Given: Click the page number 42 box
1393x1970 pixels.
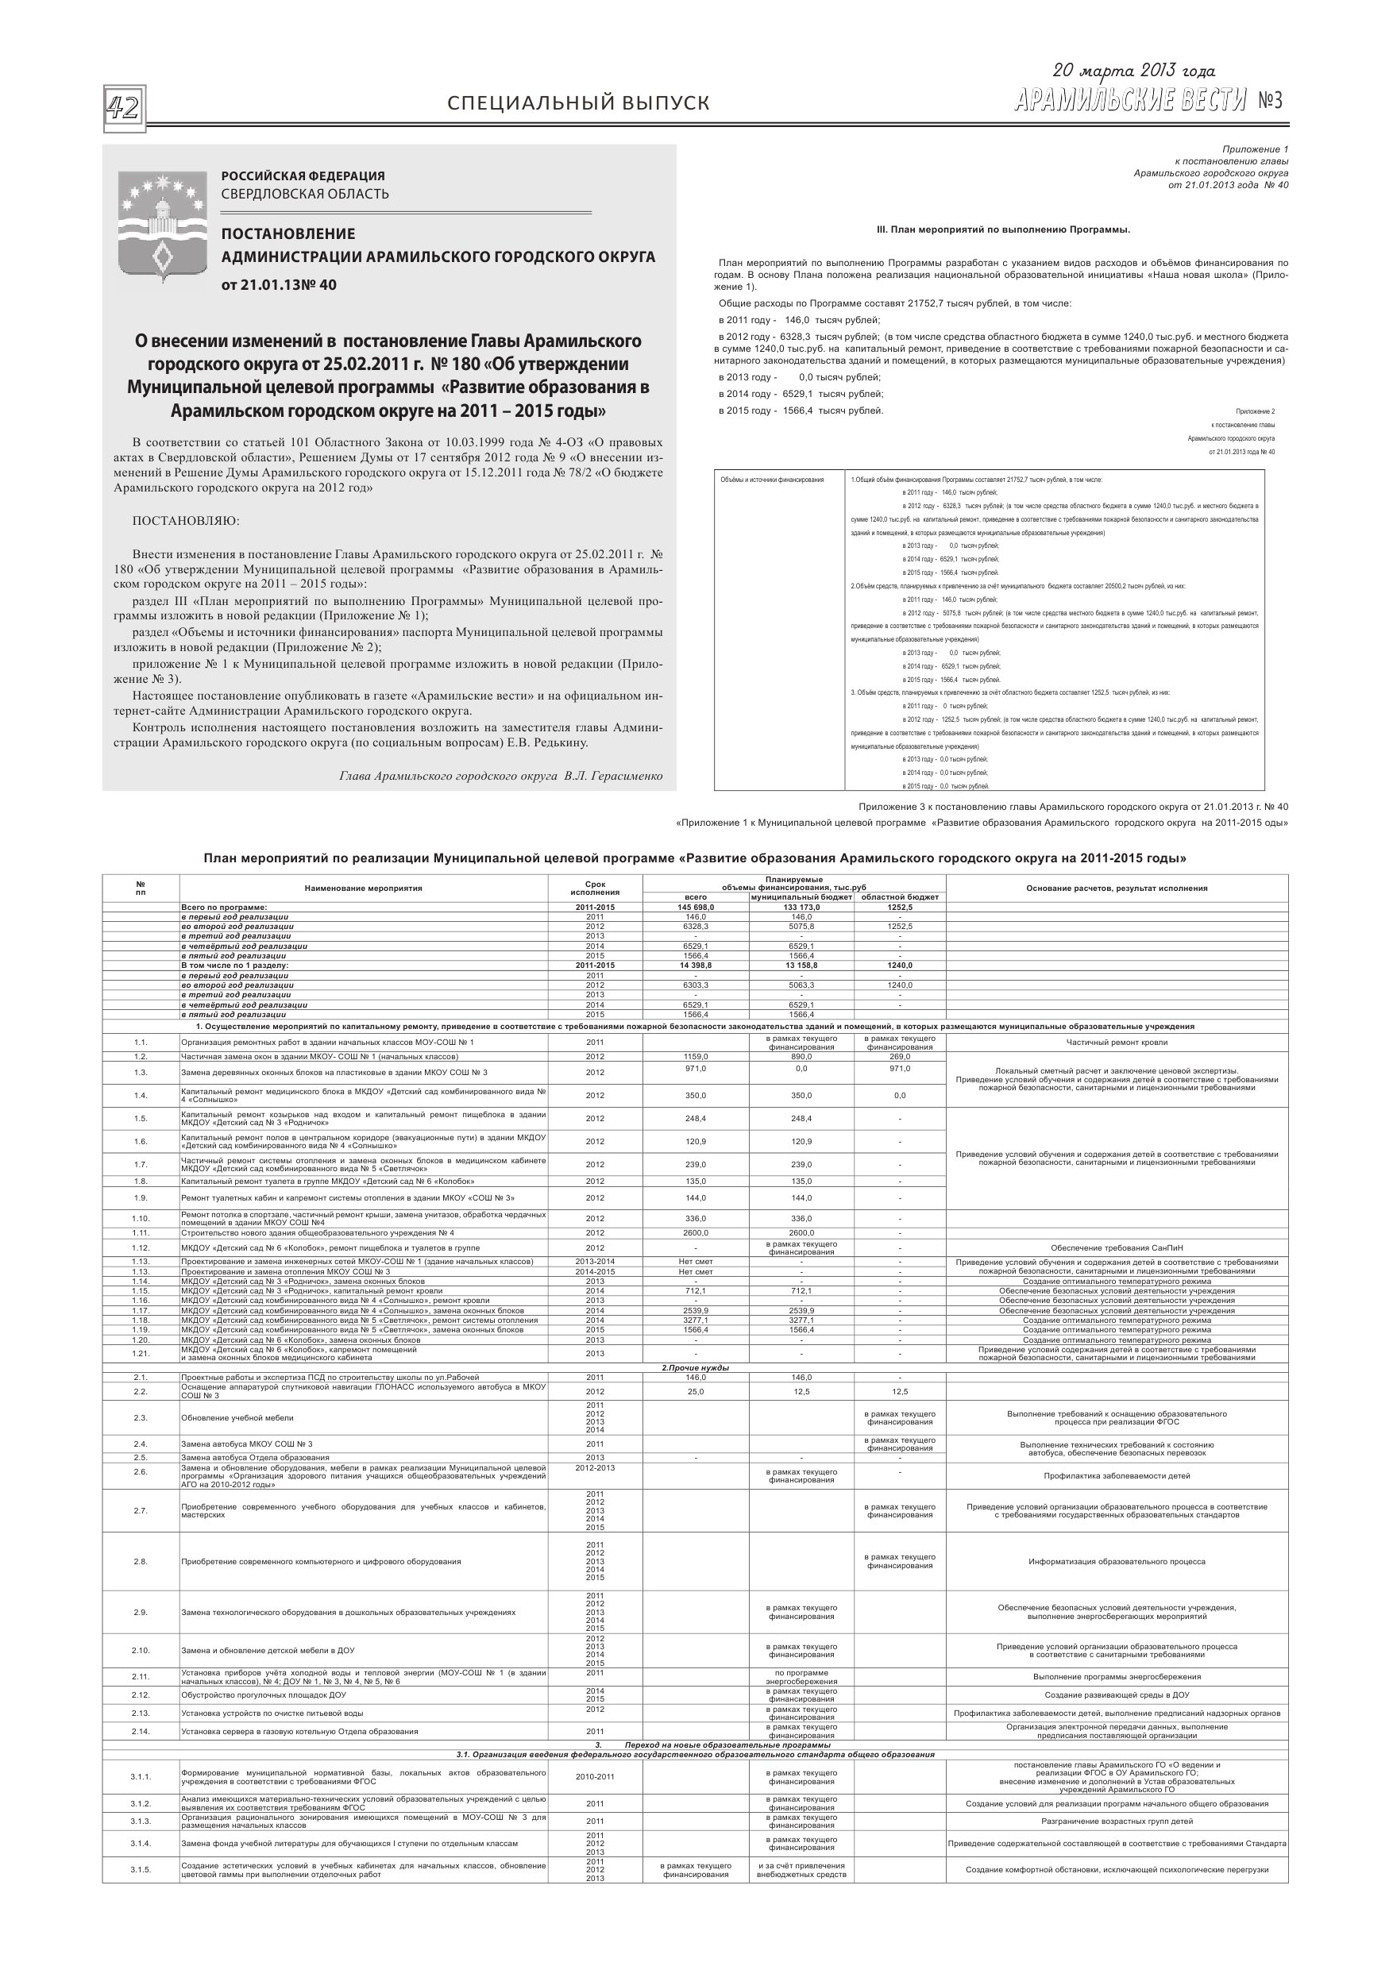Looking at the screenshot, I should [x=125, y=109].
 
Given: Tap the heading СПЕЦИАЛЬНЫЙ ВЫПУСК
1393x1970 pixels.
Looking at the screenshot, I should [x=578, y=104].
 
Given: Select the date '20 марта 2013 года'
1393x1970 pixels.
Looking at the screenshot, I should [x=1133, y=71].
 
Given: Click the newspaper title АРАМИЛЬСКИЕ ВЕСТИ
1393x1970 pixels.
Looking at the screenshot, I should [x=1129, y=102].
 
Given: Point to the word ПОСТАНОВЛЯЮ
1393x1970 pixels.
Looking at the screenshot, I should [x=187, y=521].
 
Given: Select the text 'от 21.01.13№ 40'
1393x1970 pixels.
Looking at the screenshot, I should [x=279, y=285].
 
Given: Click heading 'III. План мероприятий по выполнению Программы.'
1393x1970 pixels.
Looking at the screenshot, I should [x=1002, y=230].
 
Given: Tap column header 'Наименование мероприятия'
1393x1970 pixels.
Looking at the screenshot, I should [x=363, y=888].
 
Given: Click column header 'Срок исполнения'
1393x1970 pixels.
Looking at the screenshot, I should [x=595, y=888].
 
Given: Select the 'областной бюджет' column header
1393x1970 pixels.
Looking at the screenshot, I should [x=900, y=896].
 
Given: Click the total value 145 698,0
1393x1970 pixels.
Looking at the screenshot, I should [x=695, y=907].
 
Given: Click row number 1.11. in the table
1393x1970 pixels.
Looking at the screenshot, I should [x=141, y=1233].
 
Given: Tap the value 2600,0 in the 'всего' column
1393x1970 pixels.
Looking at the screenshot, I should [x=695, y=1233].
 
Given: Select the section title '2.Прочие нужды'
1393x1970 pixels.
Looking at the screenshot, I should [x=695, y=1367].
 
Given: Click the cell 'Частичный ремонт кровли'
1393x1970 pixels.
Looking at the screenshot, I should [x=1117, y=1043].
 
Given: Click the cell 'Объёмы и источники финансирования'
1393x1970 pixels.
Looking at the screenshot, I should [x=773, y=480].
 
